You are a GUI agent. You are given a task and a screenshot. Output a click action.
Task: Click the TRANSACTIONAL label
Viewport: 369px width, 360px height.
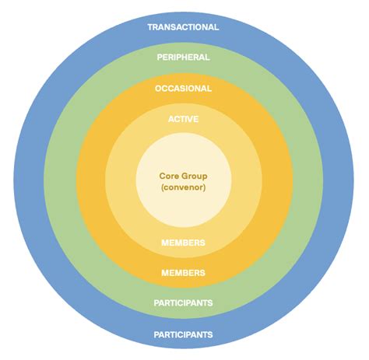pyautogui.click(x=183, y=26)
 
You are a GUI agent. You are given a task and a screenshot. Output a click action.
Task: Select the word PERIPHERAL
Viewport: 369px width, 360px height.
pyautogui.click(x=183, y=57)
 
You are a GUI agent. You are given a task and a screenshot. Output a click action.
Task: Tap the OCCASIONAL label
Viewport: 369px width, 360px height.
pyautogui.click(x=183, y=88)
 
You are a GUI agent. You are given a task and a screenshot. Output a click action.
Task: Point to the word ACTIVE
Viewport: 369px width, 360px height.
pyautogui.click(x=183, y=119)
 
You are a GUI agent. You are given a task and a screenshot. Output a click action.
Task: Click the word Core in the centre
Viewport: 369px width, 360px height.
pyautogui.click(x=170, y=176)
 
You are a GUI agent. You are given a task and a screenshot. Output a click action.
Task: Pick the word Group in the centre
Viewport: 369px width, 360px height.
pyautogui.click(x=195, y=176)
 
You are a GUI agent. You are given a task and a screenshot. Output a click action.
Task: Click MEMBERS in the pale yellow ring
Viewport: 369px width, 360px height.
pyautogui.click(x=183, y=243)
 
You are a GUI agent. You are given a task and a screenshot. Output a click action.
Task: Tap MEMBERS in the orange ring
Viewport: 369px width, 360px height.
pyautogui.click(x=183, y=273)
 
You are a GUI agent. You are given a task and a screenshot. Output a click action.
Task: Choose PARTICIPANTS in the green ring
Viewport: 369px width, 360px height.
pyautogui.click(x=183, y=302)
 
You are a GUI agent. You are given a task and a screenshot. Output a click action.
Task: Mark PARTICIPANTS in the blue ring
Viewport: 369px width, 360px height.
pyautogui.click(x=183, y=334)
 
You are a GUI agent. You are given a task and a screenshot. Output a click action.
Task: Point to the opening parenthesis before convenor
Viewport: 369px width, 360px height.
pyautogui.click(x=161, y=187)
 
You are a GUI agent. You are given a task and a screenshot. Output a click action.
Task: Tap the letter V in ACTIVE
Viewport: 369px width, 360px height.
pyautogui.click(x=191, y=119)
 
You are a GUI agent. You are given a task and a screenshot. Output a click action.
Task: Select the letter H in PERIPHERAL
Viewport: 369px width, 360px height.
pyautogui.click(x=188, y=57)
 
